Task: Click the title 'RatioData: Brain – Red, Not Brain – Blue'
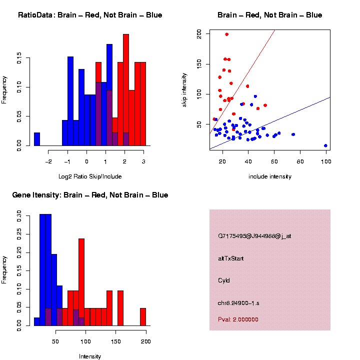[90, 15]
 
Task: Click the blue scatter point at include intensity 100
[325, 145]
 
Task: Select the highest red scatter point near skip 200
[226, 34]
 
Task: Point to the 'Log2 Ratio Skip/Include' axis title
[89, 176]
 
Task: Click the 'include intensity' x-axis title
[269, 176]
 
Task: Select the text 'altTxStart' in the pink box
[231, 258]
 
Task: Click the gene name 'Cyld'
[224, 280]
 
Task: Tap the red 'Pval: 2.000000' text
[238, 319]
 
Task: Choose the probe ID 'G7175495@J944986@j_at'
[254, 236]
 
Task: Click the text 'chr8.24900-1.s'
[238, 302]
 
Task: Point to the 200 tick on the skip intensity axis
[199, 33]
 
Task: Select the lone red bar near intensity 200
[142, 316]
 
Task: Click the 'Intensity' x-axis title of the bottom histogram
[89, 356]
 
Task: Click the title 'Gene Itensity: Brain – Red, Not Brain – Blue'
[90, 195]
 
